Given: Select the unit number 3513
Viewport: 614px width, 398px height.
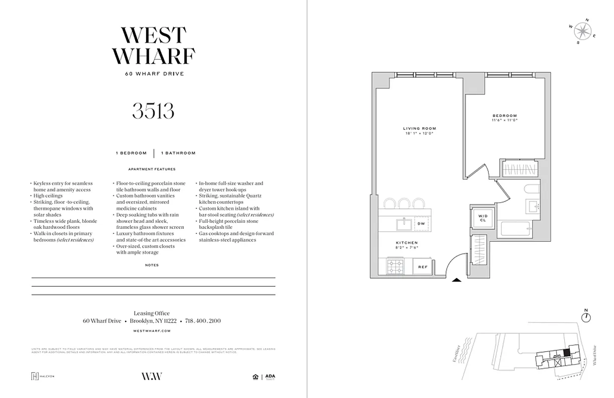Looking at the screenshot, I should click(x=153, y=110).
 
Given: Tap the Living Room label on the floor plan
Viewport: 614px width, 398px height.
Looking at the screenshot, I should click(x=419, y=131).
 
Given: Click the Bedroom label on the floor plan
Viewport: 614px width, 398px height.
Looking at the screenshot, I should click(x=504, y=117).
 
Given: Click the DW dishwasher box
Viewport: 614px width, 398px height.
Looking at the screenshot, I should click(x=421, y=224).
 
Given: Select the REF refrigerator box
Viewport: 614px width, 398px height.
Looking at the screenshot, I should click(x=422, y=267).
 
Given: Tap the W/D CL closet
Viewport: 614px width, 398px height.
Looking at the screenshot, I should click(x=481, y=217).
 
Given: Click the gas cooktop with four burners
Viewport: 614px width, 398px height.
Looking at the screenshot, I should click(x=395, y=267).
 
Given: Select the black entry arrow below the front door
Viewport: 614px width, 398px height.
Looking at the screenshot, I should click(x=457, y=281).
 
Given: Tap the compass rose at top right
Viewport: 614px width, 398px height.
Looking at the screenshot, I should click(x=582, y=32).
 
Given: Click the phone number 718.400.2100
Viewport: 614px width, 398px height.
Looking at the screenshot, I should click(x=203, y=321).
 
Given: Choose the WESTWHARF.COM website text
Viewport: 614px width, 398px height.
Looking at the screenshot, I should click(x=153, y=330).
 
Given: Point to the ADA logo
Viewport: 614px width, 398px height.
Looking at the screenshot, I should click(x=270, y=377).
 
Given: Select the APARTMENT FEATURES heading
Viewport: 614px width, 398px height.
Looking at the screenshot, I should click(x=152, y=169).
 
